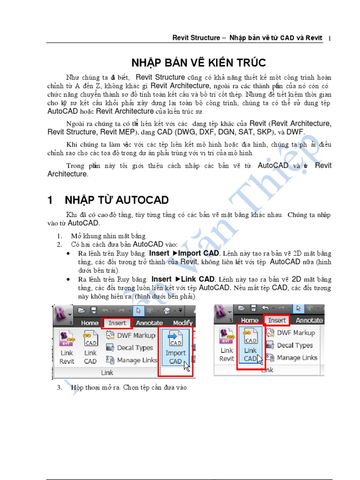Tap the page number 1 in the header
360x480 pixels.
[x=330, y=38]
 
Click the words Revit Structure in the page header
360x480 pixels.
[x=196, y=38]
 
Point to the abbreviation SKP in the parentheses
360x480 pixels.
[x=263, y=132]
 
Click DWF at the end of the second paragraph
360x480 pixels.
[x=295, y=132]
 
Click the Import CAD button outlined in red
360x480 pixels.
[x=175, y=352]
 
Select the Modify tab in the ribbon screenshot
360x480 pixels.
[x=182, y=322]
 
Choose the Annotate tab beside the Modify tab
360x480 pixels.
[x=149, y=322]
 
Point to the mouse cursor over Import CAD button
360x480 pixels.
[x=187, y=366]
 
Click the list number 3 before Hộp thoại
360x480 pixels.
[x=60, y=388]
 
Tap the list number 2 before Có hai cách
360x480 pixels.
[x=60, y=244]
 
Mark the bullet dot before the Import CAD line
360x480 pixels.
[x=69, y=253]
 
